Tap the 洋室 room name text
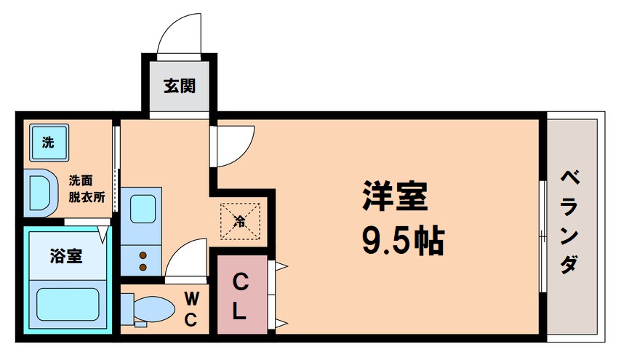395,196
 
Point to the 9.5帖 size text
403,241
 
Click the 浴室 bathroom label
65,255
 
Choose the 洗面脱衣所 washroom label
87,188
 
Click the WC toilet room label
191,308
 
